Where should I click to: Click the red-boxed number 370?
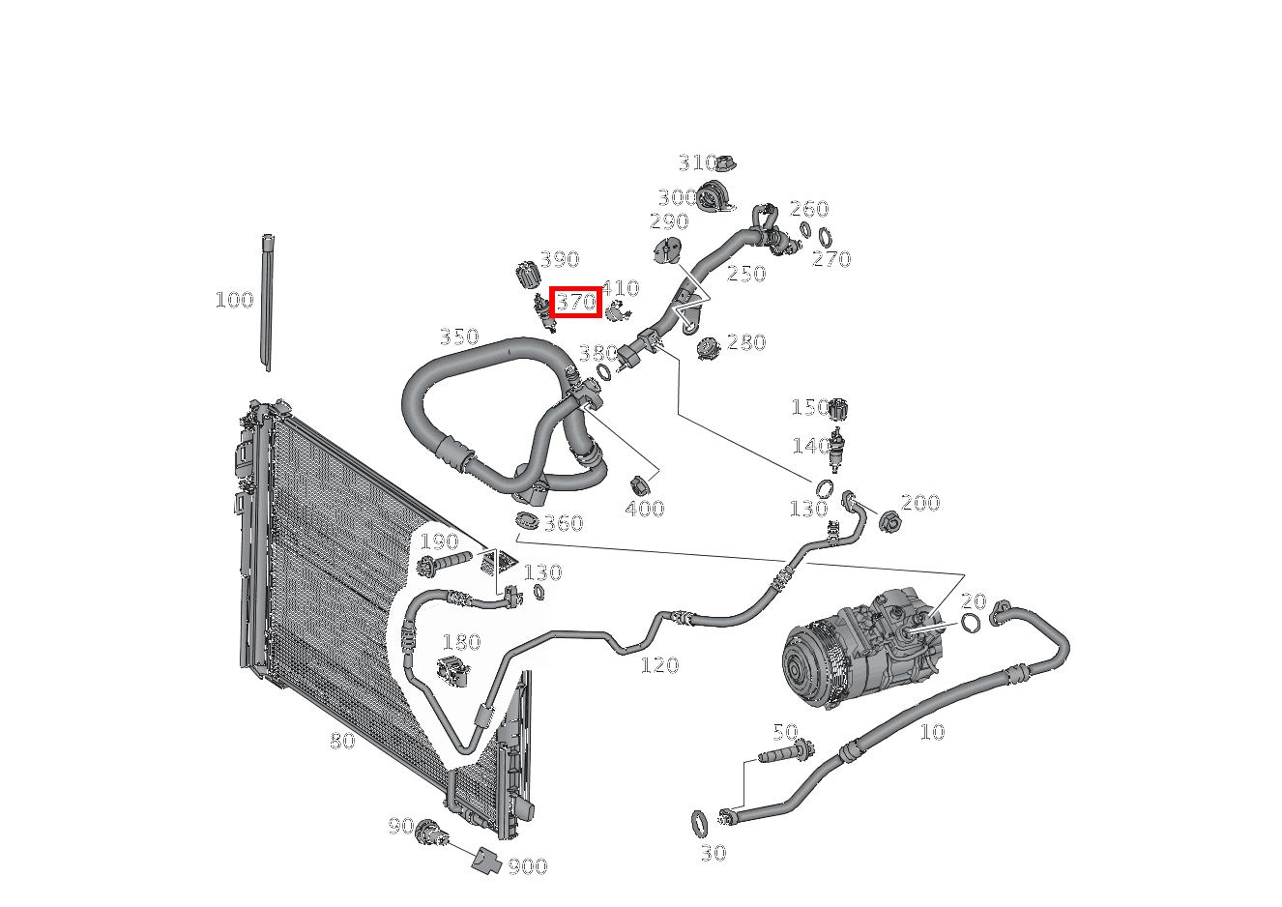(576, 302)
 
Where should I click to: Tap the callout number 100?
(234, 300)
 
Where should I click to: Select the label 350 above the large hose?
(459, 336)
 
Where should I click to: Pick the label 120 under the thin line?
(659, 665)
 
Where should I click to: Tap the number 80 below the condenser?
(342, 742)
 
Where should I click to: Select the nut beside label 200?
(889, 522)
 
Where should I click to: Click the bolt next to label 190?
(444, 562)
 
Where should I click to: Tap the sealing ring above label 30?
(699, 824)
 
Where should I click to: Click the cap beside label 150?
(838, 409)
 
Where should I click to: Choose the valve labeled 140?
(836, 450)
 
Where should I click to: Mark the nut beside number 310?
(726, 163)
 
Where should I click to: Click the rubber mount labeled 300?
(714, 197)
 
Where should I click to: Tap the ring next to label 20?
(970, 623)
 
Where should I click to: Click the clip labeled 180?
(452, 671)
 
